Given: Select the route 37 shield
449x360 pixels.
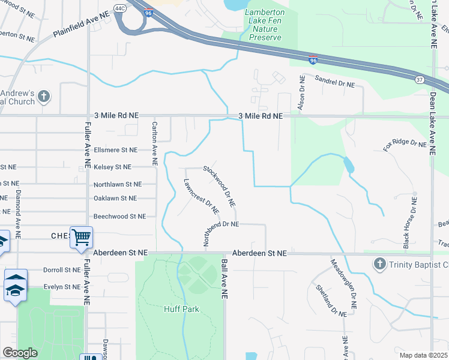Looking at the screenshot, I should (420, 79).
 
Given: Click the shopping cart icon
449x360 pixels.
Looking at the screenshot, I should (81, 236).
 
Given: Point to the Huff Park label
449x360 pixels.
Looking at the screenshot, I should (181, 309).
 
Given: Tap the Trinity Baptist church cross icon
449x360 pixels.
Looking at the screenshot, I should (379, 264).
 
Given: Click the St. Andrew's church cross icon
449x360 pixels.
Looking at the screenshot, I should (43, 96).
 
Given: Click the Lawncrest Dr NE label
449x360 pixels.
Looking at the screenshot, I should (201, 196).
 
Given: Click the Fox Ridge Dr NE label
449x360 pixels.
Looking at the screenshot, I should (405, 145).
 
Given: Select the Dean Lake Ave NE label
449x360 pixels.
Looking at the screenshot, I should (433, 24).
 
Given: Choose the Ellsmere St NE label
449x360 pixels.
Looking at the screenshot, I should (115, 150).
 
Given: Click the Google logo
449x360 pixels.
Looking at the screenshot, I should (19, 353).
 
